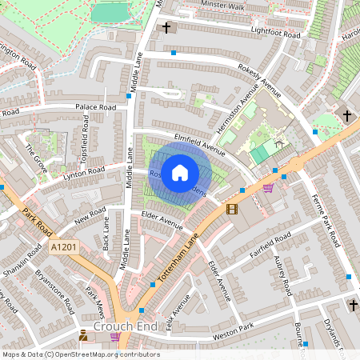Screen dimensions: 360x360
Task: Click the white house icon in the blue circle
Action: pos(180,172)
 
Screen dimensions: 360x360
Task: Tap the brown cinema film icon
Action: pos(232,209)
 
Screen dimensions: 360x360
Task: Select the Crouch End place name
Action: pos(122,326)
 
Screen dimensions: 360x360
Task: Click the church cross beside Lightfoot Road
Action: pos(166,29)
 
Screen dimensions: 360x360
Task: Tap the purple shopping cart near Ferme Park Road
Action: pos(268,188)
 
